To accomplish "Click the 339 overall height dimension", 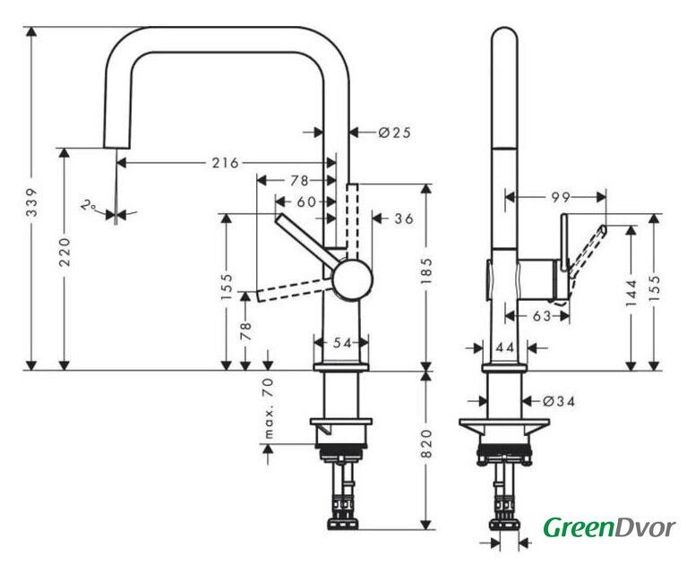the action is [x=31, y=202].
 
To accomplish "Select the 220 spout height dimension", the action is [x=64, y=252].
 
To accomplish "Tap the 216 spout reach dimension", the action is [x=226, y=163].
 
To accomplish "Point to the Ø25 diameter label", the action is [x=395, y=132].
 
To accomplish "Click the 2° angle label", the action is [x=89, y=205].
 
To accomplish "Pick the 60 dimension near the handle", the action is [x=306, y=202].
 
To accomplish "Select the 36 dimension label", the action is [x=404, y=218].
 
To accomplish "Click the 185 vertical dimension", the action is [x=426, y=270].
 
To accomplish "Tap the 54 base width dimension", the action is [x=342, y=343].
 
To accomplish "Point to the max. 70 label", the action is [x=269, y=407].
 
